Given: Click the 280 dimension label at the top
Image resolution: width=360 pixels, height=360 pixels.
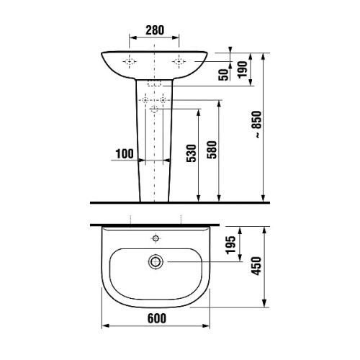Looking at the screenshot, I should (154, 30).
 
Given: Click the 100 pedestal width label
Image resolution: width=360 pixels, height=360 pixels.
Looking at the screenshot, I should (123, 153).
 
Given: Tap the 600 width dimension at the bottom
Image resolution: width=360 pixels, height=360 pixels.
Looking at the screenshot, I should (156, 318).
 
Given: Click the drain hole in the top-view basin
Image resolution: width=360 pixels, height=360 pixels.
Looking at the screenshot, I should (154, 261).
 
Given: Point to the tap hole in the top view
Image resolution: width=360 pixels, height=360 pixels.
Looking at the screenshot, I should (154, 238).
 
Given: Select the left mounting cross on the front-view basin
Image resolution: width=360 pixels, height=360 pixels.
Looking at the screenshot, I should (130, 63).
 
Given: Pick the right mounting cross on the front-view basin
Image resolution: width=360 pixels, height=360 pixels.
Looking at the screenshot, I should (178, 63).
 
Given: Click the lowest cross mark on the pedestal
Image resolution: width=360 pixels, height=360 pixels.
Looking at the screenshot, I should (154, 109).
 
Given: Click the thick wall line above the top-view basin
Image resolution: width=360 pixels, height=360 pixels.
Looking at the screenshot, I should (154, 223).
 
